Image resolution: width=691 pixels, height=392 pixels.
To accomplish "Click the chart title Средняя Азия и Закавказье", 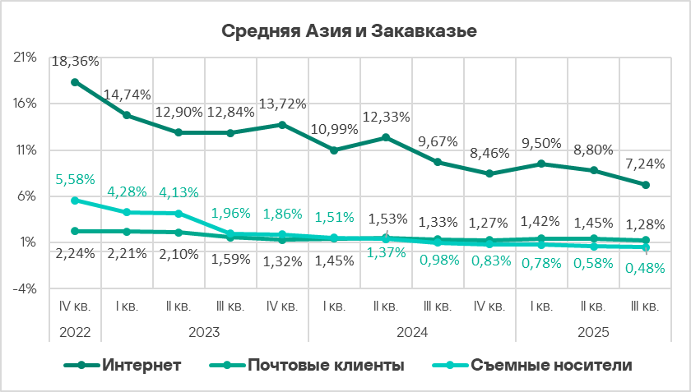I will tap(350, 31).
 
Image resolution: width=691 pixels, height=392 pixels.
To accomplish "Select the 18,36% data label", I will tap(75, 61).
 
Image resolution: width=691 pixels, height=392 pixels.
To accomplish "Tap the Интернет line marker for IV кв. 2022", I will tap(75, 82).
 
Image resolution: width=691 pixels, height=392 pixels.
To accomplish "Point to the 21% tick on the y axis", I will tap(26, 58).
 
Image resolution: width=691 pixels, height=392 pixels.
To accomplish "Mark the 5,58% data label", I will tap(75, 178).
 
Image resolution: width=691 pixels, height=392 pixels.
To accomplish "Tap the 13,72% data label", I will tap(282, 104).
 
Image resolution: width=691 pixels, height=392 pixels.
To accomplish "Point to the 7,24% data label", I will tap(646, 164).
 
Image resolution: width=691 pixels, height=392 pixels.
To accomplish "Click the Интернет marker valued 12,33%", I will tap(386, 137).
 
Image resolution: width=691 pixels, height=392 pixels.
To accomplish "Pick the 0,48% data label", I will tap(646, 267).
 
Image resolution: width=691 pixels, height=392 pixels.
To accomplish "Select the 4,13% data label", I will tap(179, 192).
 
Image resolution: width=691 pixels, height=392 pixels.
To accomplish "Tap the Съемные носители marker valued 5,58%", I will tap(75, 200).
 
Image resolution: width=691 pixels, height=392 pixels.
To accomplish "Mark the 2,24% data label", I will tap(75, 252).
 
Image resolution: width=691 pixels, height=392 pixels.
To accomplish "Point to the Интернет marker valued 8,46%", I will tap(489, 173).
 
